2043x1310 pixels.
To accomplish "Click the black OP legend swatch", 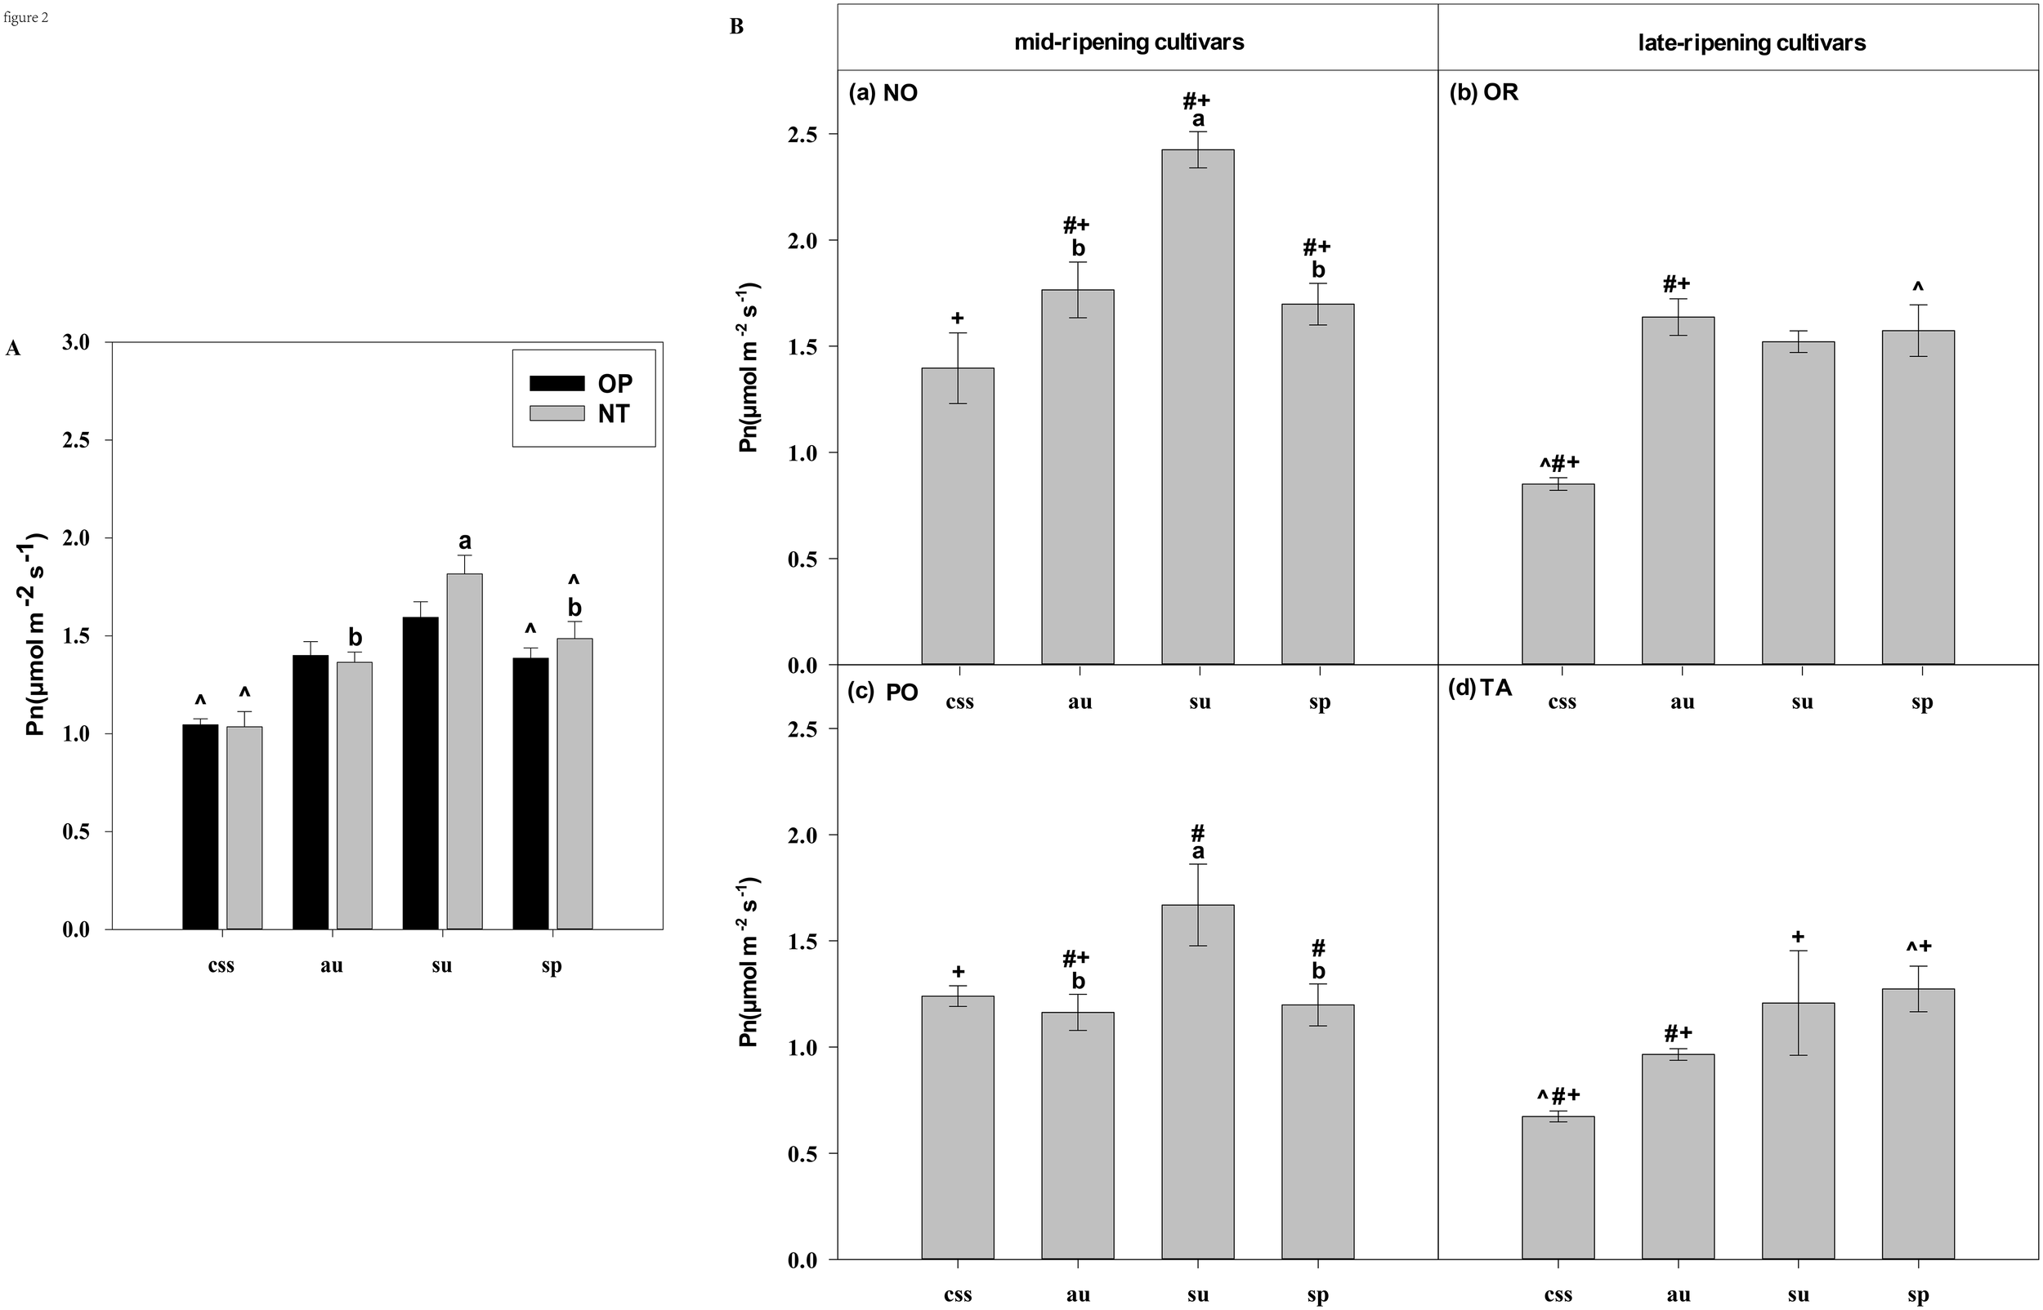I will click(x=557, y=383).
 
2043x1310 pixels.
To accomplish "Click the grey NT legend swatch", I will click(x=557, y=413).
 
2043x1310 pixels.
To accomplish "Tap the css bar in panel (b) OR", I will click(x=1557, y=574).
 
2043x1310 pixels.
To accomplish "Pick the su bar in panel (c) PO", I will click(x=1197, y=1082).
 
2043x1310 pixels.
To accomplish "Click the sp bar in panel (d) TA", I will click(x=1917, y=1124).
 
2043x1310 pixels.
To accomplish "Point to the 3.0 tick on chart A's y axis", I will click(x=76, y=343).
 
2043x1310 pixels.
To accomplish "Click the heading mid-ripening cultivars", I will click(x=1129, y=42).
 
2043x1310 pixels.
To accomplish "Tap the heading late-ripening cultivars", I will click(x=1751, y=42).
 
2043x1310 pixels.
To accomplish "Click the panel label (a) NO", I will click(x=883, y=93).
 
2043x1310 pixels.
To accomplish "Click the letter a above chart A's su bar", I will click(x=465, y=541).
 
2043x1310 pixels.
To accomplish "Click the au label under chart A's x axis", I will click(x=331, y=965).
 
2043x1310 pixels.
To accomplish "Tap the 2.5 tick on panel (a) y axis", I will click(x=802, y=135).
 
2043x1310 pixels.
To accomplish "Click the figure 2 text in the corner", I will click(x=25, y=17).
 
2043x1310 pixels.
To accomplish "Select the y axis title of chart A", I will click(x=36, y=634).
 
